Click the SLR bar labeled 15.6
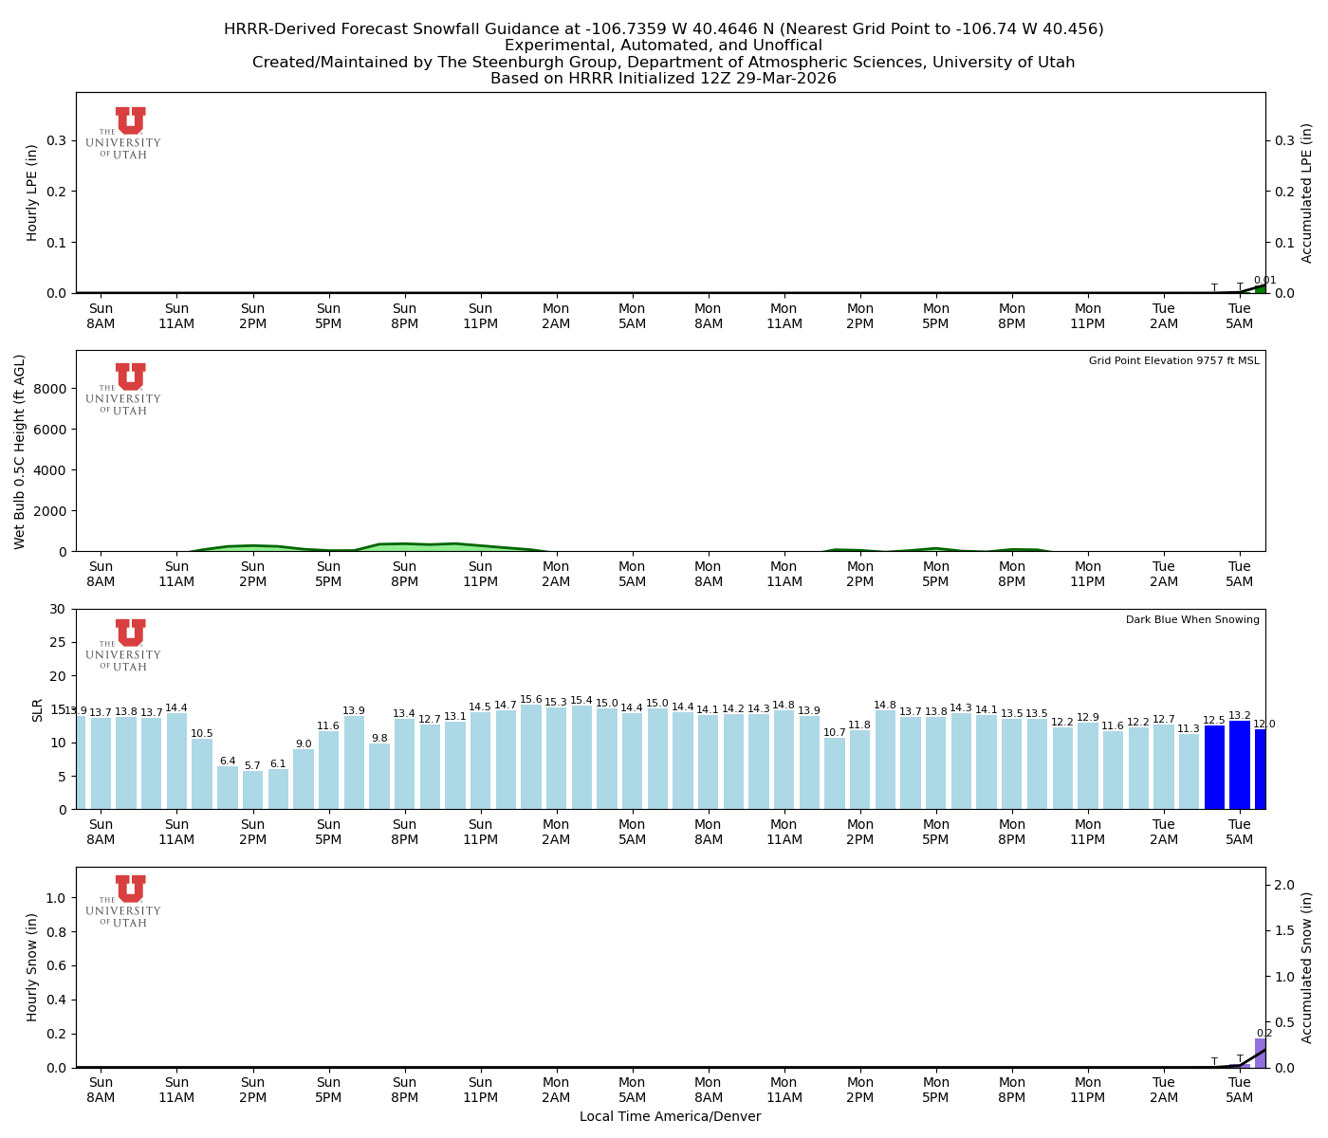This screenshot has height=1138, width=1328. pos(531,757)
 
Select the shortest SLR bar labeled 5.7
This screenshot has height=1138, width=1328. pos(252,789)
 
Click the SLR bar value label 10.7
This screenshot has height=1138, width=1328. pos(835,733)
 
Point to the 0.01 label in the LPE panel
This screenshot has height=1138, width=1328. pos(1264,281)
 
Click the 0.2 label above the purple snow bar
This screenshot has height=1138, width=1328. pos(1264,1034)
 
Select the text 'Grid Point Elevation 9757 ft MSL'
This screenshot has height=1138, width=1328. pos(1173,360)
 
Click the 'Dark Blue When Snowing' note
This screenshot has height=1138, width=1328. pos(1192,620)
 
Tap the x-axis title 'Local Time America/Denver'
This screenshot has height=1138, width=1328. pos(670,1116)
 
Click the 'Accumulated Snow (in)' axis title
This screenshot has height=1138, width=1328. pos(1307,967)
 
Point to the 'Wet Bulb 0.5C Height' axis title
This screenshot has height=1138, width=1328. pos(20,451)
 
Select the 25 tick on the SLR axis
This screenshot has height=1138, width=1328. pos(59,643)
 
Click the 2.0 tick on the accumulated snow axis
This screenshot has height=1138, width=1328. pos(1285,885)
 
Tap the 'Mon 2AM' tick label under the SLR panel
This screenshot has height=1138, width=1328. pos(556,833)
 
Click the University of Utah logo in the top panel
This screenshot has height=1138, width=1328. pos(124,133)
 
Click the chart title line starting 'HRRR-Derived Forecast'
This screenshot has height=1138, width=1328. pos(663,29)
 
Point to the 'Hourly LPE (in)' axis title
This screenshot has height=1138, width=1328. pos(32,193)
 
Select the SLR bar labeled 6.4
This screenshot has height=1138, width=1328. pos(228,787)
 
